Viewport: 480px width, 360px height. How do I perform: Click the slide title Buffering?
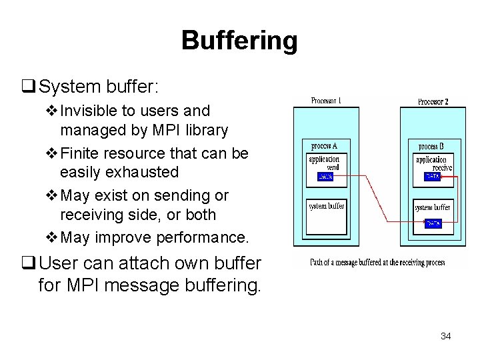click(239, 41)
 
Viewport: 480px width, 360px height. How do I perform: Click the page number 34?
click(445, 336)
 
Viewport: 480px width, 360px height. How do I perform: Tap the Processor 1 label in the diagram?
click(326, 101)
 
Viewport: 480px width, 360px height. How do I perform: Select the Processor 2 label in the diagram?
click(433, 102)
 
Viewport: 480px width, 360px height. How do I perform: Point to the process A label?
click(325, 146)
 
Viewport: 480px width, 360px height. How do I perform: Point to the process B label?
click(432, 146)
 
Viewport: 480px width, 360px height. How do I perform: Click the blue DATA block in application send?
click(325, 177)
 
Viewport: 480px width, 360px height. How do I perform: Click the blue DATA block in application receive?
click(432, 177)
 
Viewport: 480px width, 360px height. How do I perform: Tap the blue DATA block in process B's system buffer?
click(432, 224)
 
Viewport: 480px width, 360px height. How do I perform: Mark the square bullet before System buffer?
click(29, 87)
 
